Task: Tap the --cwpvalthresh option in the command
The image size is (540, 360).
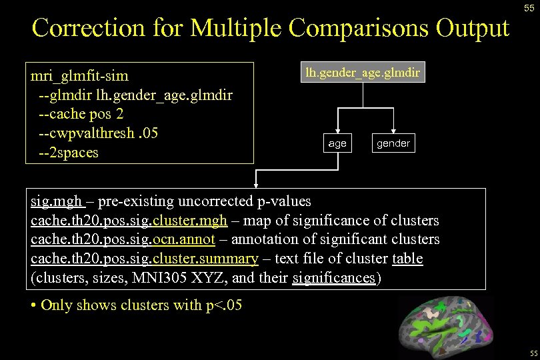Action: click(86, 133)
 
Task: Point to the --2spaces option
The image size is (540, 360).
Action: click(68, 152)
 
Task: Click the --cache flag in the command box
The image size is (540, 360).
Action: click(61, 113)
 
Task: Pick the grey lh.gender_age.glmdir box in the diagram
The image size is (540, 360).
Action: click(363, 73)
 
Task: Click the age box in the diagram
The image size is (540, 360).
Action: click(337, 143)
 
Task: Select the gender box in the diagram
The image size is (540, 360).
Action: click(393, 143)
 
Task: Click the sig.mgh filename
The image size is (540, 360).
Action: click(57, 201)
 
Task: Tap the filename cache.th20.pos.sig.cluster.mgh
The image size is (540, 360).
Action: click(129, 220)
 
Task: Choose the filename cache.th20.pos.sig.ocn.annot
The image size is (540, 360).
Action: click(123, 239)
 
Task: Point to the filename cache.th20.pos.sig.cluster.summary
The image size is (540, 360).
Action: click(144, 258)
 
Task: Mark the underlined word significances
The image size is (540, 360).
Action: click(334, 277)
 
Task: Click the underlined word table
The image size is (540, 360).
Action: click(407, 258)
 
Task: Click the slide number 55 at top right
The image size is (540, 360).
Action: click(528, 8)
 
